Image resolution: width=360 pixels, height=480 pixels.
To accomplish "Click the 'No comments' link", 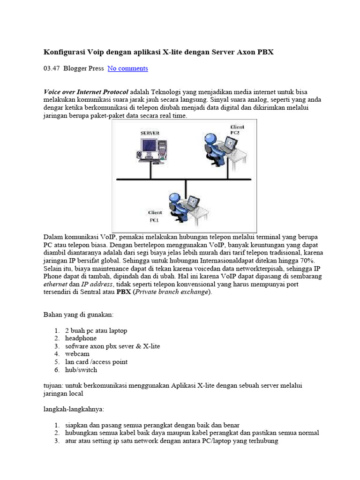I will pos(127,68).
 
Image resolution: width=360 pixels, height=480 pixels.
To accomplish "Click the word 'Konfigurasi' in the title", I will pos(65,52).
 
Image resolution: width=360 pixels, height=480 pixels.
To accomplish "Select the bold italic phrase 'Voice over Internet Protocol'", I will pos(86,91).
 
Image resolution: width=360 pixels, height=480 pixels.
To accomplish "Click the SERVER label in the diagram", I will pos(150,133).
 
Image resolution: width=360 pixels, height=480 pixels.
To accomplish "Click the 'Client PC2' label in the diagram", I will pos(237,129).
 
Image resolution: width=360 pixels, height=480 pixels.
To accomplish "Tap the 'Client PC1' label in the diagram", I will pos(155,216).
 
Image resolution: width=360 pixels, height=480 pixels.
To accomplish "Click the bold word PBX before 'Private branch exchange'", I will pos(124,292).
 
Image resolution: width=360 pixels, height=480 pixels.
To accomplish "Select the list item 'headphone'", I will pos(81,338).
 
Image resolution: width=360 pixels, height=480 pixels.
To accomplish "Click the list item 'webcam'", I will pos(77,354).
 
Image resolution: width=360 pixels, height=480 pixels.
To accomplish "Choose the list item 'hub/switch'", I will pos(81,370).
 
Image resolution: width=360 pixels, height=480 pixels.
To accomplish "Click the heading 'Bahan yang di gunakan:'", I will pos(78,315).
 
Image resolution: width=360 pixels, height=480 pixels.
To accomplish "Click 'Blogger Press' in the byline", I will pos(83,68).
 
